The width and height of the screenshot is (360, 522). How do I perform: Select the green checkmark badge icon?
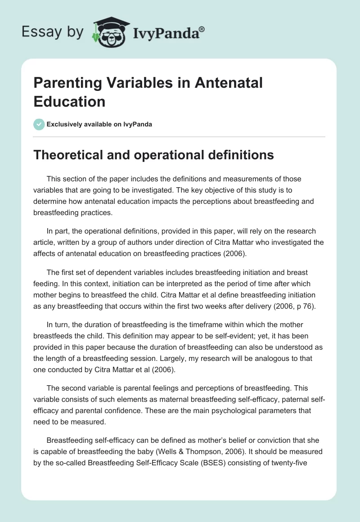[39, 124]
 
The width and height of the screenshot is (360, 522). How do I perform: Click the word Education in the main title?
[69, 101]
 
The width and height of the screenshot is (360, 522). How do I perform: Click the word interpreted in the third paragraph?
[167, 284]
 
